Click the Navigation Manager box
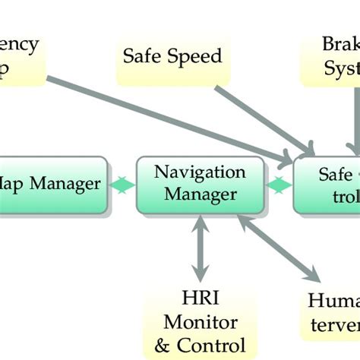200,185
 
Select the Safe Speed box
172,56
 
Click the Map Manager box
52,185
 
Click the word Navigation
200,172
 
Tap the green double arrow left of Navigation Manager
122,185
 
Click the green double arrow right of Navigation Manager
279,185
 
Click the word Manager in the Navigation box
200,196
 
